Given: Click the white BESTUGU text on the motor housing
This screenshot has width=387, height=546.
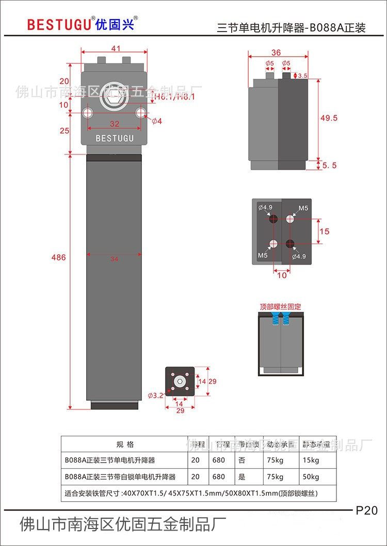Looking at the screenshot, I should click(115, 138).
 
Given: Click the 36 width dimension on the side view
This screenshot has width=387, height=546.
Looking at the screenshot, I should click(276, 53).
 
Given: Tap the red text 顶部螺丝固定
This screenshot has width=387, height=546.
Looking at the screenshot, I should click(280, 307).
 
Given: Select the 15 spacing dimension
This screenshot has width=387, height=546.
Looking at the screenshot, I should click(324, 231).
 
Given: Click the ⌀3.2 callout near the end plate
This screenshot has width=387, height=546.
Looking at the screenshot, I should click(155, 396).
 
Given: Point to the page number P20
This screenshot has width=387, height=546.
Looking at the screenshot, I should click(367, 510).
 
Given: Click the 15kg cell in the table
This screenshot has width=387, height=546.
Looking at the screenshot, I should click(311, 460).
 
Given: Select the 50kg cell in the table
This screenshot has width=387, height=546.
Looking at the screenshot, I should click(311, 477).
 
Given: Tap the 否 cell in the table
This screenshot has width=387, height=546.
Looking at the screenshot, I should click(242, 460).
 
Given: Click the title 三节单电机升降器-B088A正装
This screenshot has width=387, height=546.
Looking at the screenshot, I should click(291, 28).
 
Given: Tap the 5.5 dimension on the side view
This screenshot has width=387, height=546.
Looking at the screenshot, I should click(329, 165).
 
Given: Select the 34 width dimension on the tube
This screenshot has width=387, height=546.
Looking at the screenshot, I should click(114, 259).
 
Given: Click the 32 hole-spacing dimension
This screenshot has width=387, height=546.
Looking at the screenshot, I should click(114, 124).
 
